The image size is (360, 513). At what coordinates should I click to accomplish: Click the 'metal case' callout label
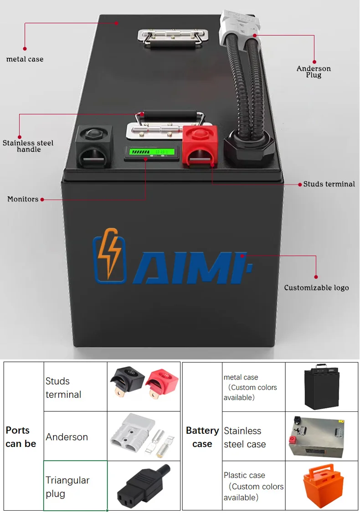pos(25,59)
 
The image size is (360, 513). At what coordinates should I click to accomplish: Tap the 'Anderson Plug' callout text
pos(314,72)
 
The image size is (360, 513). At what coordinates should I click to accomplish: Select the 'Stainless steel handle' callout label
pos(28,146)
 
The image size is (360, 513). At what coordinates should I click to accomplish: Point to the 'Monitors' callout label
pos(23,199)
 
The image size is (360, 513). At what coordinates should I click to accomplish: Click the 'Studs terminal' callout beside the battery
pos(329,184)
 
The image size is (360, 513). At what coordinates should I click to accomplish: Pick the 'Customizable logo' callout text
pos(316,287)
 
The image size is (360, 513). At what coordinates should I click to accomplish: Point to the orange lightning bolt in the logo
pos(109,253)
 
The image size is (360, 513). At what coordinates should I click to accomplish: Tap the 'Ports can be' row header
pos(21,437)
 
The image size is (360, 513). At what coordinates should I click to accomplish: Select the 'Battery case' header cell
pos(202,437)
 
